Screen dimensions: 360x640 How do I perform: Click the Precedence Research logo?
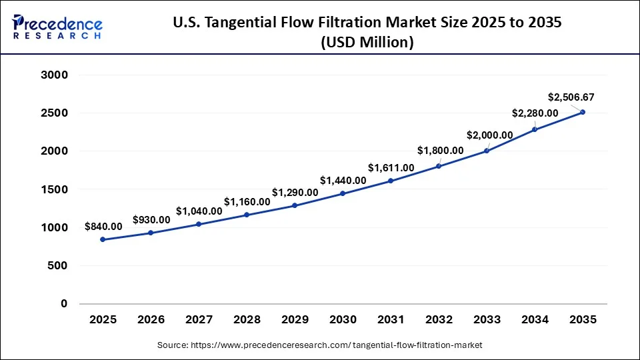[57, 26]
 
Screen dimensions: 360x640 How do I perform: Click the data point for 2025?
[103, 239]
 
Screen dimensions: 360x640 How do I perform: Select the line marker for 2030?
[343, 193]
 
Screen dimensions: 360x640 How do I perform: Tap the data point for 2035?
[583, 112]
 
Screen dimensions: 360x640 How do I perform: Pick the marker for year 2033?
[487, 151]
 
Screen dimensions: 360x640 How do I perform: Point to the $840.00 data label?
[103, 226]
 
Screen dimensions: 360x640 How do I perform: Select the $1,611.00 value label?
[391, 167]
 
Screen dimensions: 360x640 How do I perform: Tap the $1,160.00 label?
[247, 201]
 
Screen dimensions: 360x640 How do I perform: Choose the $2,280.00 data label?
[535, 113]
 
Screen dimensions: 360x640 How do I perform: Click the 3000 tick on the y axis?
[55, 75]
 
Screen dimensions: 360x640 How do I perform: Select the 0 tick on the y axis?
[65, 304]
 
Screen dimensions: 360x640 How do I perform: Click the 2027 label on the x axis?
[199, 320]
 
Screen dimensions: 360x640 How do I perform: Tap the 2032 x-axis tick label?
[439, 320]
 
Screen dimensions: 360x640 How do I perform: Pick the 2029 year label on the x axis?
[295, 320]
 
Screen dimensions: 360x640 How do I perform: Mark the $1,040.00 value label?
[199, 211]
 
